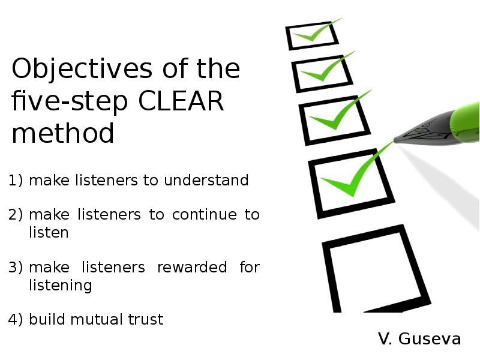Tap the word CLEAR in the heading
pos(181,101)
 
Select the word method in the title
pos(62,133)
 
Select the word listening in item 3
pos(61,285)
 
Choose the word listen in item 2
pos(49,232)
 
